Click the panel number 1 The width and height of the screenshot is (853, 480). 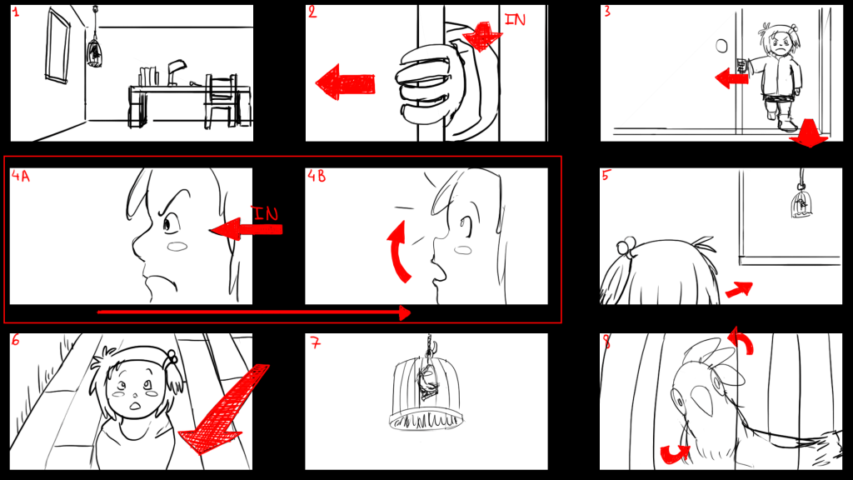click(16, 12)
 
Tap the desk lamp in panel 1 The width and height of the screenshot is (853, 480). click(177, 72)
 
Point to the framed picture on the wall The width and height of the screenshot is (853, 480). click(58, 46)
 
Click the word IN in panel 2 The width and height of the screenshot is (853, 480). click(515, 20)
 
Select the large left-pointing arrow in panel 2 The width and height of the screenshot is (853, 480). click(346, 82)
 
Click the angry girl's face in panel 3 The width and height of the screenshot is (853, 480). click(781, 42)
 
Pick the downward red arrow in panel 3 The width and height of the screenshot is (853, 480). click(809, 132)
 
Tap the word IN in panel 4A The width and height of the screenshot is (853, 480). click(265, 212)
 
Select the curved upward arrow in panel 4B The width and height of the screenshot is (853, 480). click(399, 252)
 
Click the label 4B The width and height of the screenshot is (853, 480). click(316, 176)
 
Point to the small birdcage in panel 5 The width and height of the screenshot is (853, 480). click(801, 205)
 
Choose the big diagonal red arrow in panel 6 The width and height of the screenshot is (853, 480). click(224, 409)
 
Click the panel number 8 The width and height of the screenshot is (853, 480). click(607, 342)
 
